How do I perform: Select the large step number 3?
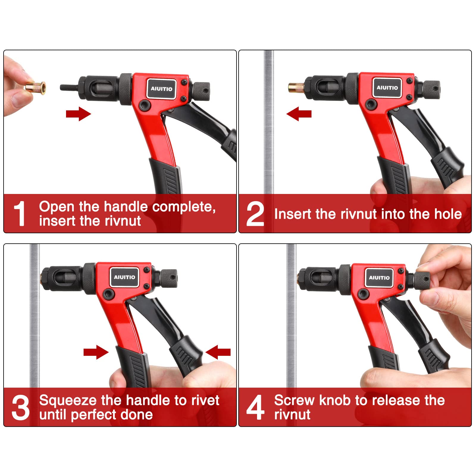[21, 407]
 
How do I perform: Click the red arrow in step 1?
[79, 114]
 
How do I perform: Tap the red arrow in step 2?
[299, 114]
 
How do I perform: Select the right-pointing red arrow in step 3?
[96, 352]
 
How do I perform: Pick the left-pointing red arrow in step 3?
[218, 352]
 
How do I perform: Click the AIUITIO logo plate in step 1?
[162, 89]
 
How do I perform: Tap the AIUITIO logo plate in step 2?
[387, 87]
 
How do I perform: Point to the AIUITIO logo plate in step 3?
[124, 277]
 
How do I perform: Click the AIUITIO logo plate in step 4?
[379, 278]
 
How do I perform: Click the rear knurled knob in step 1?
[201, 91]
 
